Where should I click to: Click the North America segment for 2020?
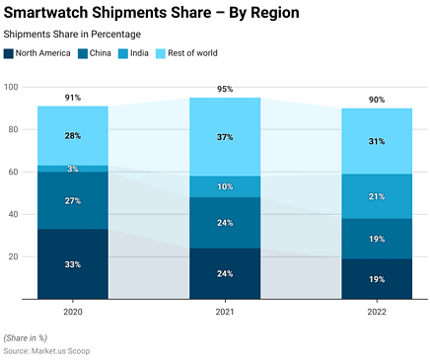point(73,263)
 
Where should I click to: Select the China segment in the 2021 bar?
point(225,222)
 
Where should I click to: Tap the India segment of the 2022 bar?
point(376,196)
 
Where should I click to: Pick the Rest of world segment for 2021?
point(225,137)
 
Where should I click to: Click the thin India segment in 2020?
point(73,169)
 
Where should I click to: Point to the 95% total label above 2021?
point(225,89)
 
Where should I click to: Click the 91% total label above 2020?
point(73,98)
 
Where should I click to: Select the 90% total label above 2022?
point(376,100)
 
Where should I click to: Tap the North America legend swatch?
point(10,53)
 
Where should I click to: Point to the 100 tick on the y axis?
point(12,87)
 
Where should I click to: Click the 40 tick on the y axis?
point(14,214)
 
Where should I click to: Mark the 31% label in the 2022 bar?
point(376,141)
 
